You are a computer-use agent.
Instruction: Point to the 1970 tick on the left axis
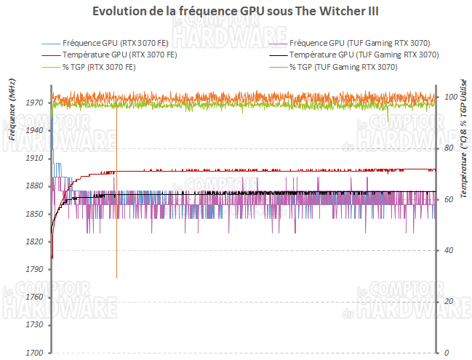click(35, 103)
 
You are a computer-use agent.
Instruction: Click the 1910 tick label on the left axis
click(35, 158)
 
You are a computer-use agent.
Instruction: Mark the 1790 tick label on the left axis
click(35, 269)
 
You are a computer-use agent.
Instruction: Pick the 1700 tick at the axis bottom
click(35, 353)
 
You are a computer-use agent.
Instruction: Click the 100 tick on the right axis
click(449, 97)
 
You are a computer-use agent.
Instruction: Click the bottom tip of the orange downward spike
click(116, 278)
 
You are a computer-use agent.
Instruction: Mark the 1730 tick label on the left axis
click(35, 325)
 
